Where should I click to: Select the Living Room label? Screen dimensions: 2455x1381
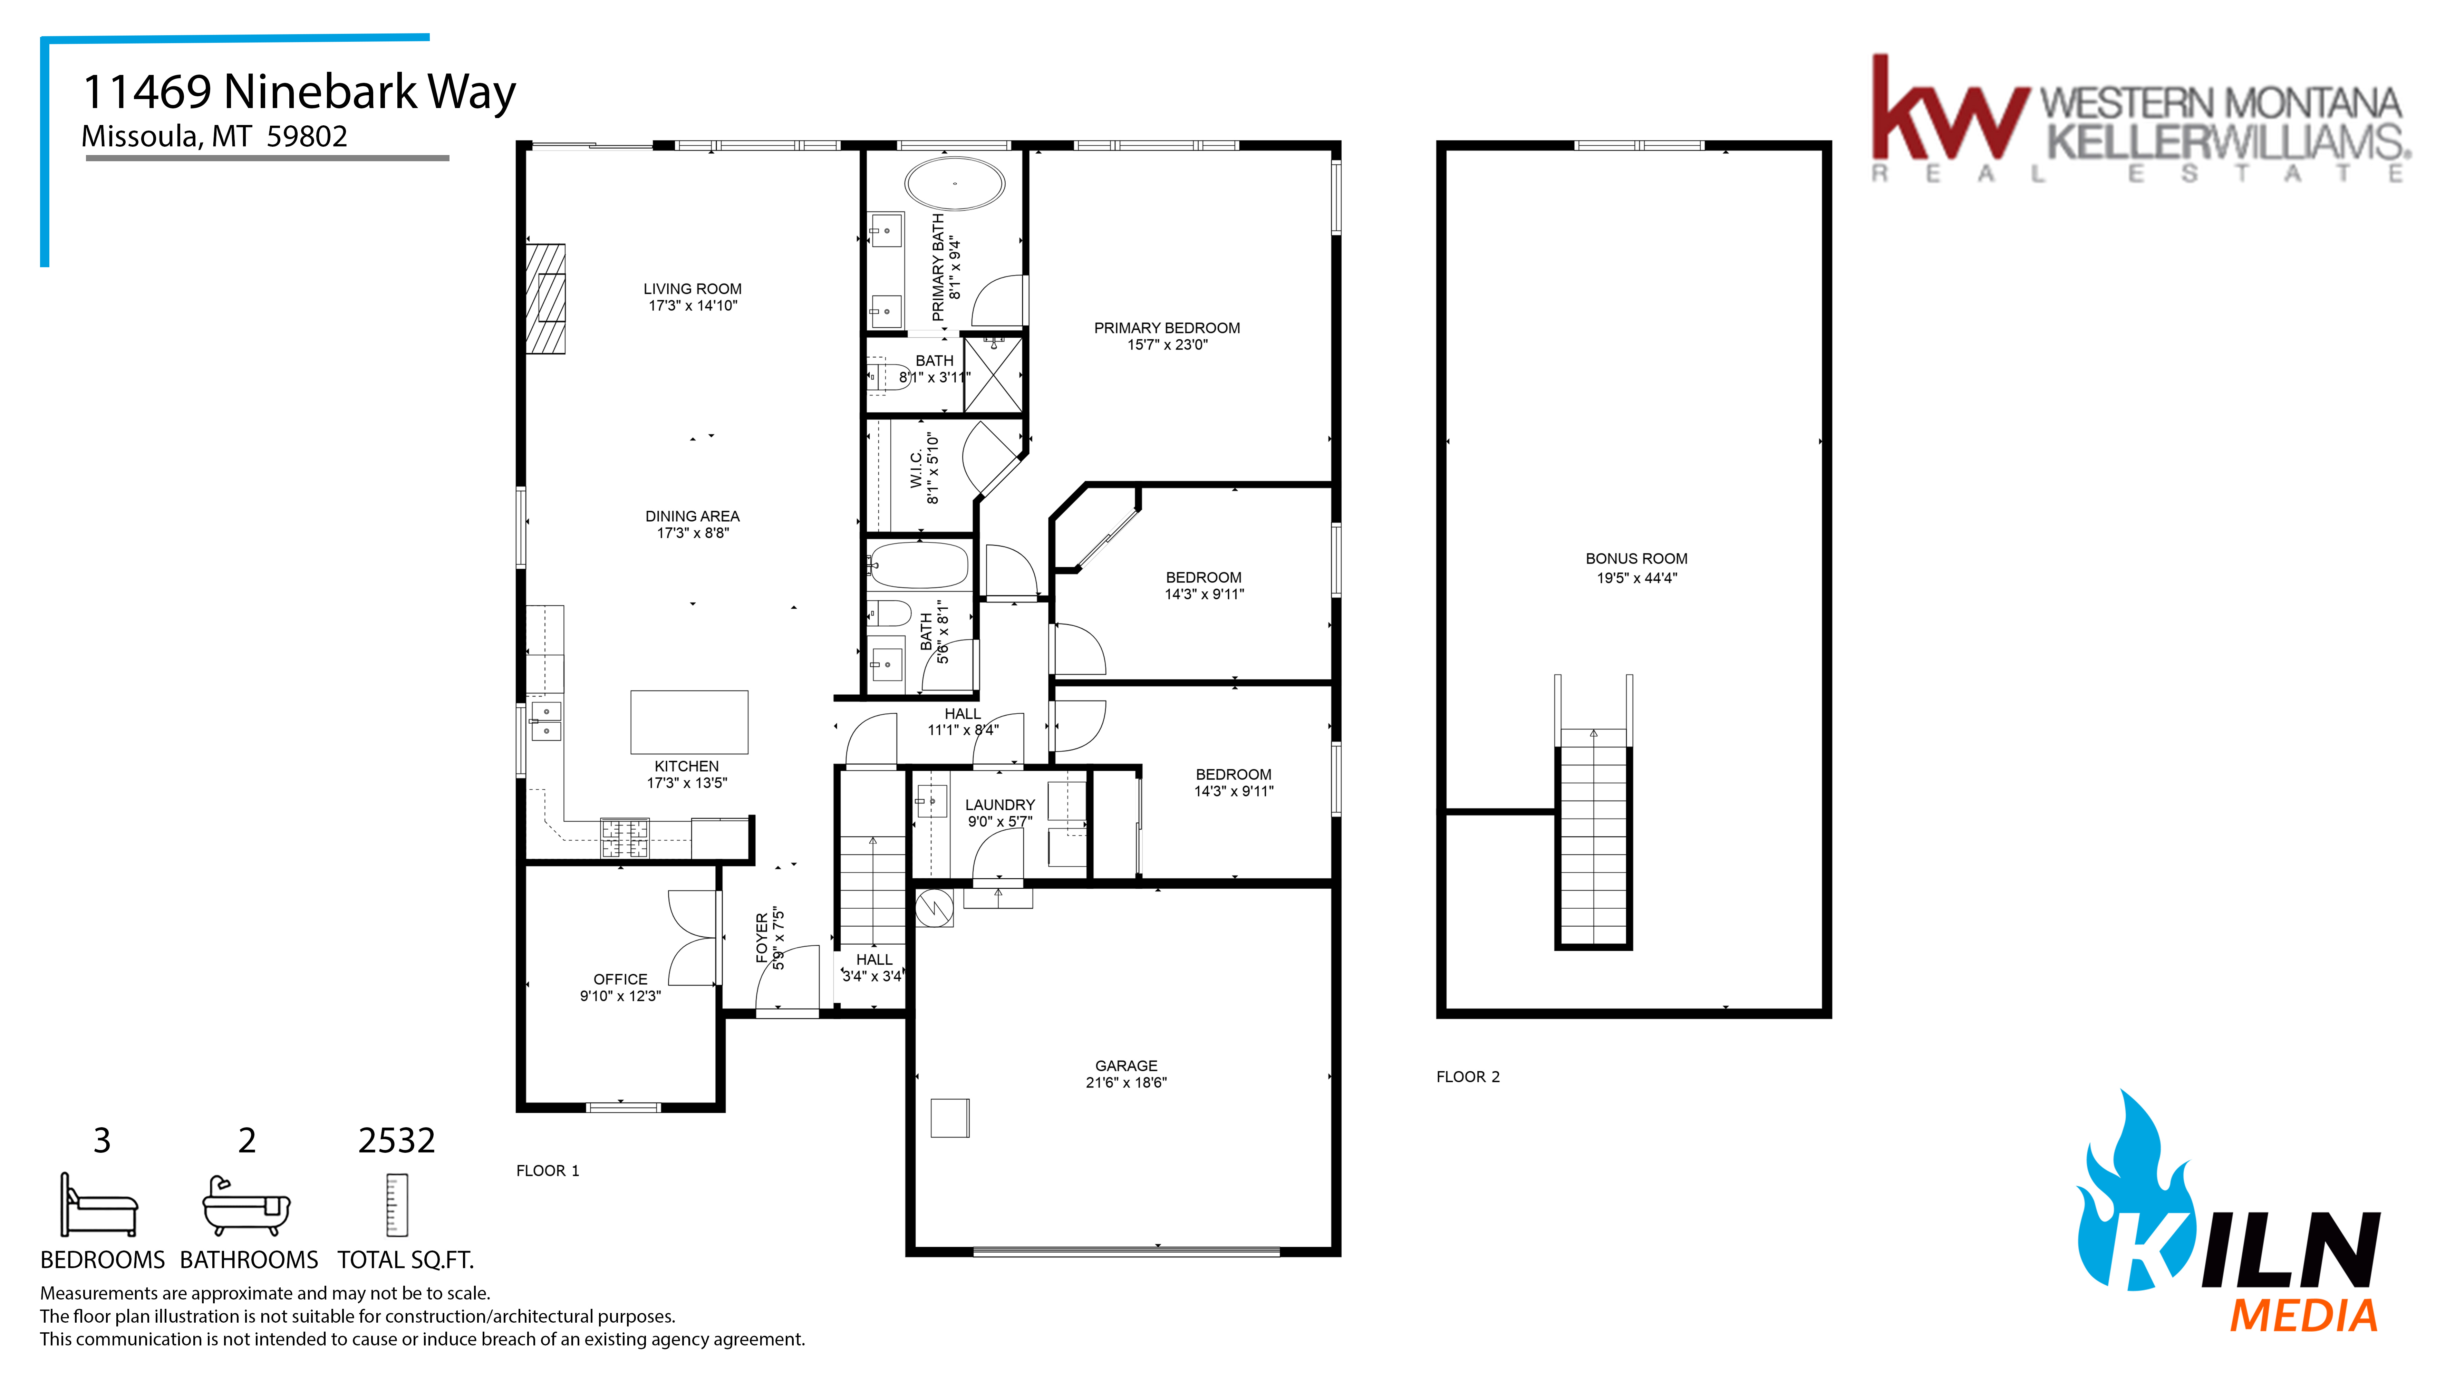[x=692, y=289]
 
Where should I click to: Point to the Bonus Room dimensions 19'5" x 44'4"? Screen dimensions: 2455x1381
[x=1636, y=578]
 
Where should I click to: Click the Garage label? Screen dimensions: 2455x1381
[x=1127, y=1065]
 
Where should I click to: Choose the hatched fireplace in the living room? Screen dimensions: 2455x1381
[x=546, y=299]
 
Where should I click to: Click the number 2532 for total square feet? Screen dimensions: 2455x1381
[x=396, y=1140]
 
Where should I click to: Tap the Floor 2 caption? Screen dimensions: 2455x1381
[x=1468, y=1077]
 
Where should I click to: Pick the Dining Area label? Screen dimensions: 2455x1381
[x=692, y=516]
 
